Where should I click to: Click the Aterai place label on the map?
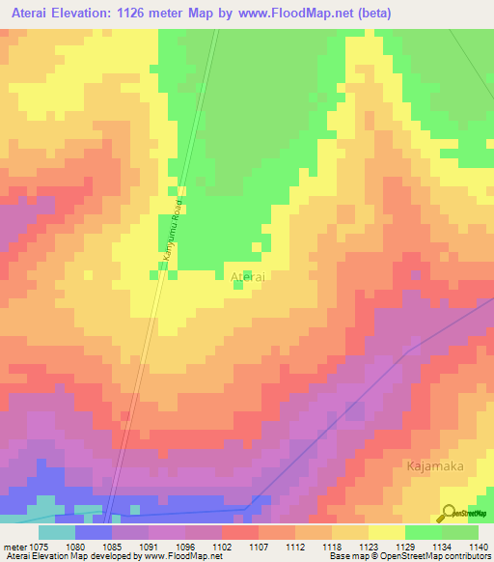tap(249, 277)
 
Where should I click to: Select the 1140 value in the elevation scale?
tap(479, 546)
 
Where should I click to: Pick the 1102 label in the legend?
tap(221, 546)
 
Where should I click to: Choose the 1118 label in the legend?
tap(331, 546)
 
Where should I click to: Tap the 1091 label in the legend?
tap(148, 546)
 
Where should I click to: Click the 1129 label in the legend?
tap(404, 546)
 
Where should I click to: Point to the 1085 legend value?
tap(111, 546)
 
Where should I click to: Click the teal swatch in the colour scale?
tap(56, 532)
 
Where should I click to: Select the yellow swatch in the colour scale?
tap(387, 532)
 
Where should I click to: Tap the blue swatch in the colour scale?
tap(93, 532)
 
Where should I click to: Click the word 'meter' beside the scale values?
tap(14, 546)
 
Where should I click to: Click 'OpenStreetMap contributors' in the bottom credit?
tap(443, 556)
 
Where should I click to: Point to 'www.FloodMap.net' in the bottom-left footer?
tap(182, 556)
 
